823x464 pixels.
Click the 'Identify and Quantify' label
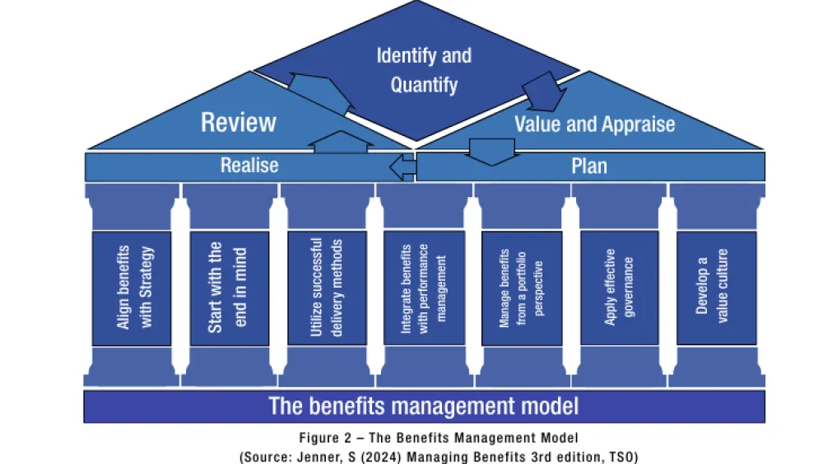click(424, 69)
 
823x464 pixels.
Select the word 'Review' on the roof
click(239, 123)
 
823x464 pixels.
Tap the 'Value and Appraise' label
click(594, 124)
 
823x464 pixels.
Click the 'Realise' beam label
click(249, 166)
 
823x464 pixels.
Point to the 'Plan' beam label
click(589, 166)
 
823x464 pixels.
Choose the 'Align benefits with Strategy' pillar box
click(133, 288)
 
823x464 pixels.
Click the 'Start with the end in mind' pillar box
click(229, 288)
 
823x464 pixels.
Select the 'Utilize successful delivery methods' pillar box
click(327, 288)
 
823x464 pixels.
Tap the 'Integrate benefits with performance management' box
click(424, 288)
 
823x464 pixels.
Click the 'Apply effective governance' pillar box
click(619, 288)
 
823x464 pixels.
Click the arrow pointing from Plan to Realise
click(402, 168)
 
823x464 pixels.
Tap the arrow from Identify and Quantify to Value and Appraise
click(540, 90)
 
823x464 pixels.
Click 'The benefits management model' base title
click(424, 406)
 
